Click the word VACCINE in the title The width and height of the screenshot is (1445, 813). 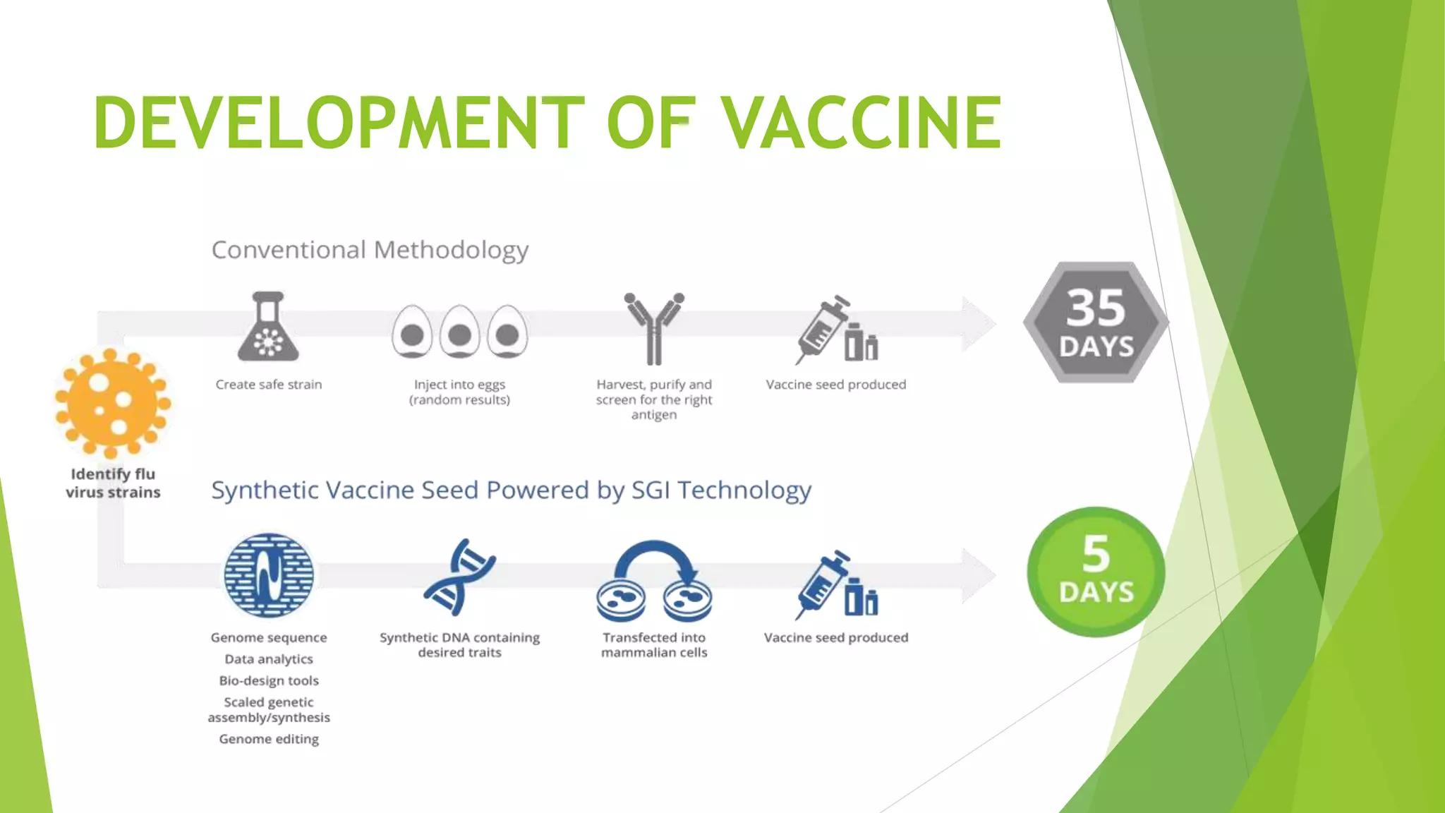pyautogui.click(x=861, y=124)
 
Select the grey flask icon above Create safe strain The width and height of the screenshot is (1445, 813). pyautogui.click(x=268, y=327)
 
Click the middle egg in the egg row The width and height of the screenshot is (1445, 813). pyautogui.click(x=459, y=332)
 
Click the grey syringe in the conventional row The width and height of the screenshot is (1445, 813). pyautogui.click(x=822, y=329)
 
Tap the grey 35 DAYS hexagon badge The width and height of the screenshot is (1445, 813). pyautogui.click(x=1095, y=323)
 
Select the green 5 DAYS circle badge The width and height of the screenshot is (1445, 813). pyautogui.click(x=1096, y=572)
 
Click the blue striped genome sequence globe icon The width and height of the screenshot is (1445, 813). pyautogui.click(x=269, y=575)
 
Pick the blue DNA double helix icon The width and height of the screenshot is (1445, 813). pyautogui.click(x=459, y=577)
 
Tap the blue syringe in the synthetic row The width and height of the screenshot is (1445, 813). pyautogui.click(x=822, y=583)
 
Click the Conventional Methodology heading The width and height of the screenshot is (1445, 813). pyautogui.click(x=370, y=250)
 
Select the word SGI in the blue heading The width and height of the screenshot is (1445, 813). pyautogui.click(x=650, y=490)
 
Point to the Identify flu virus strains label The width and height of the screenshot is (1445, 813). pyautogui.click(x=113, y=483)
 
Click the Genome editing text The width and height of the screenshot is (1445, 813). pyautogui.click(x=269, y=739)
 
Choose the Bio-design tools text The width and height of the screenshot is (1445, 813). pyautogui.click(x=269, y=681)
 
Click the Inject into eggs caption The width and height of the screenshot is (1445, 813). pyautogui.click(x=459, y=392)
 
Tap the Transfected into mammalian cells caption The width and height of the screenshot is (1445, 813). pyautogui.click(x=654, y=645)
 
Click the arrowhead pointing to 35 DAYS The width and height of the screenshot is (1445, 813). pyautogui.click(x=979, y=324)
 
